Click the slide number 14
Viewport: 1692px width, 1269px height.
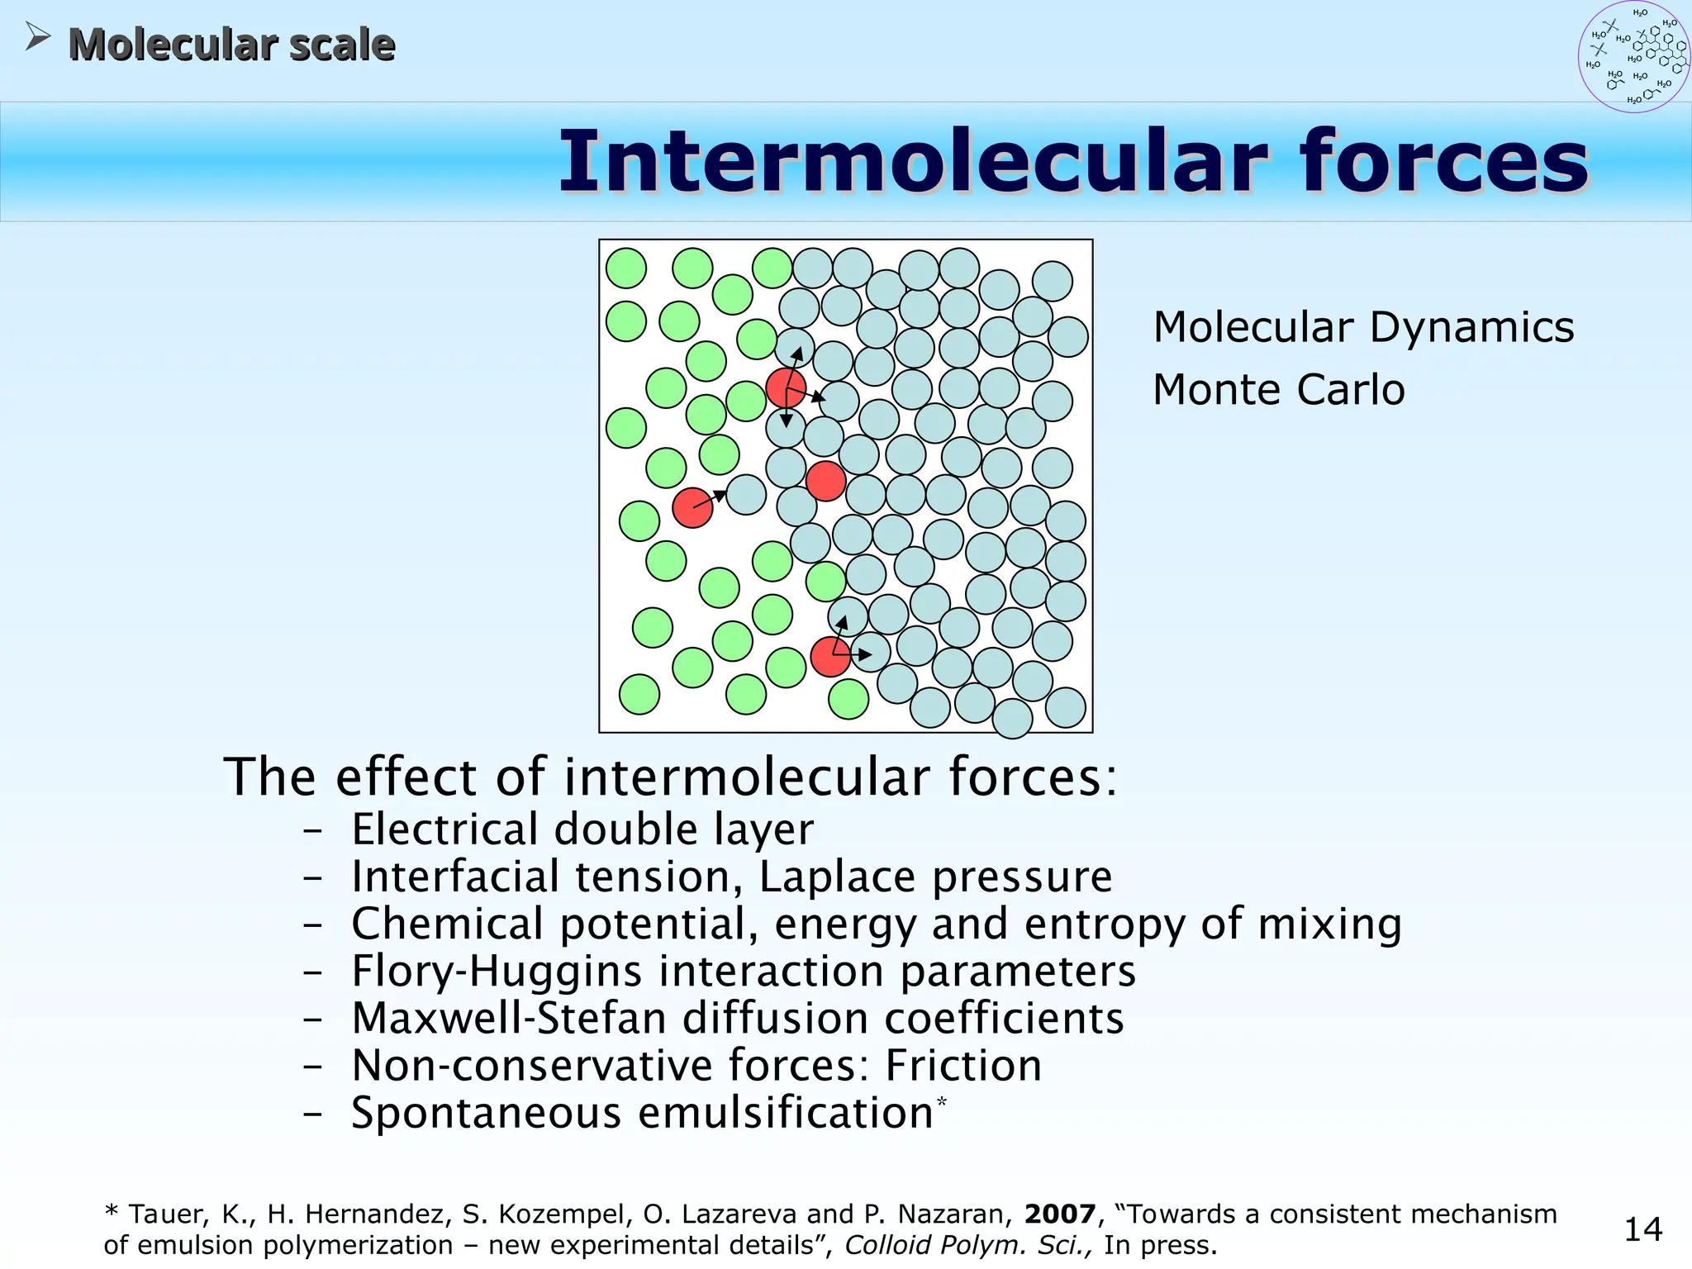coord(1642,1229)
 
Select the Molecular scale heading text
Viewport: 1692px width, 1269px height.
coord(231,45)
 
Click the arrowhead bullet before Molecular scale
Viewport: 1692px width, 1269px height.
coord(37,36)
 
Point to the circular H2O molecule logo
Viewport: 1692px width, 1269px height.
coord(1633,57)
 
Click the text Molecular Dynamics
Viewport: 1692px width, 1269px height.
coord(1363,327)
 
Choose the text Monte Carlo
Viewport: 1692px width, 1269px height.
coord(1278,390)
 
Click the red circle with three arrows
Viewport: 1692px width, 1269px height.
coord(785,388)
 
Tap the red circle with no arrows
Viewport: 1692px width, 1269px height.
coord(825,481)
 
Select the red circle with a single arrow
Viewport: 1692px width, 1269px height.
coord(692,507)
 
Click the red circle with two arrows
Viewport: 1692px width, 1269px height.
coord(830,657)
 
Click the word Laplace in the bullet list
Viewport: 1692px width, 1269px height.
coord(837,877)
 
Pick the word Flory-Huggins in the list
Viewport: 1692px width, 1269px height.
coord(497,972)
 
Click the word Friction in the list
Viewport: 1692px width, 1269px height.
coord(963,1066)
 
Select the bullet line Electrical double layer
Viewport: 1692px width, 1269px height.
coord(582,829)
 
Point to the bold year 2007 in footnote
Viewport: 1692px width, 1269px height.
coord(1059,1214)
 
